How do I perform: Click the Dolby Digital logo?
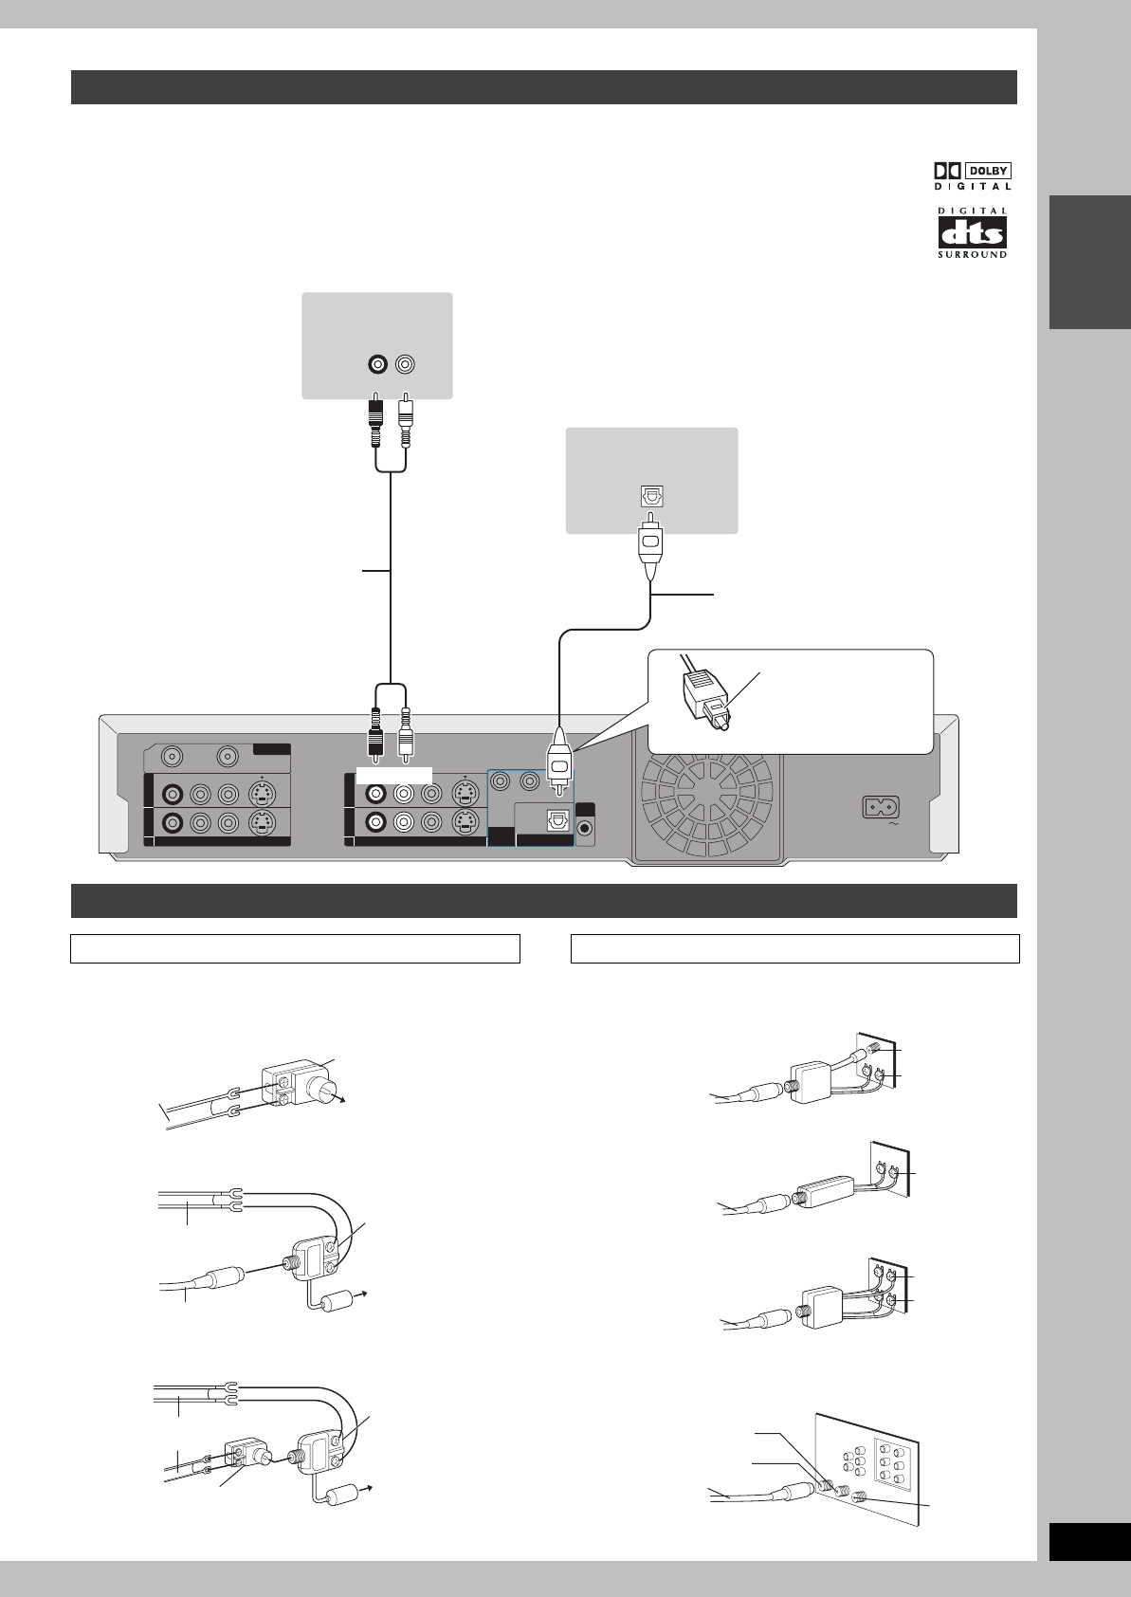[x=973, y=175]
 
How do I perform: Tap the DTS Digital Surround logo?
[x=973, y=233]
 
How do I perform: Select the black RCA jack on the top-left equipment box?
[x=377, y=364]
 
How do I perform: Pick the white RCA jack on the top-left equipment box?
[x=406, y=364]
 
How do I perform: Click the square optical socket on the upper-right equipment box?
[x=650, y=497]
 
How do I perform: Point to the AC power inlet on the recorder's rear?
[x=880, y=808]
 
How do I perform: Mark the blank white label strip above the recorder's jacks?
[x=394, y=776]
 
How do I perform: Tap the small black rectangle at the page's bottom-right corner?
[x=1089, y=1542]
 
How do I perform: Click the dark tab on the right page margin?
[x=1089, y=262]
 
